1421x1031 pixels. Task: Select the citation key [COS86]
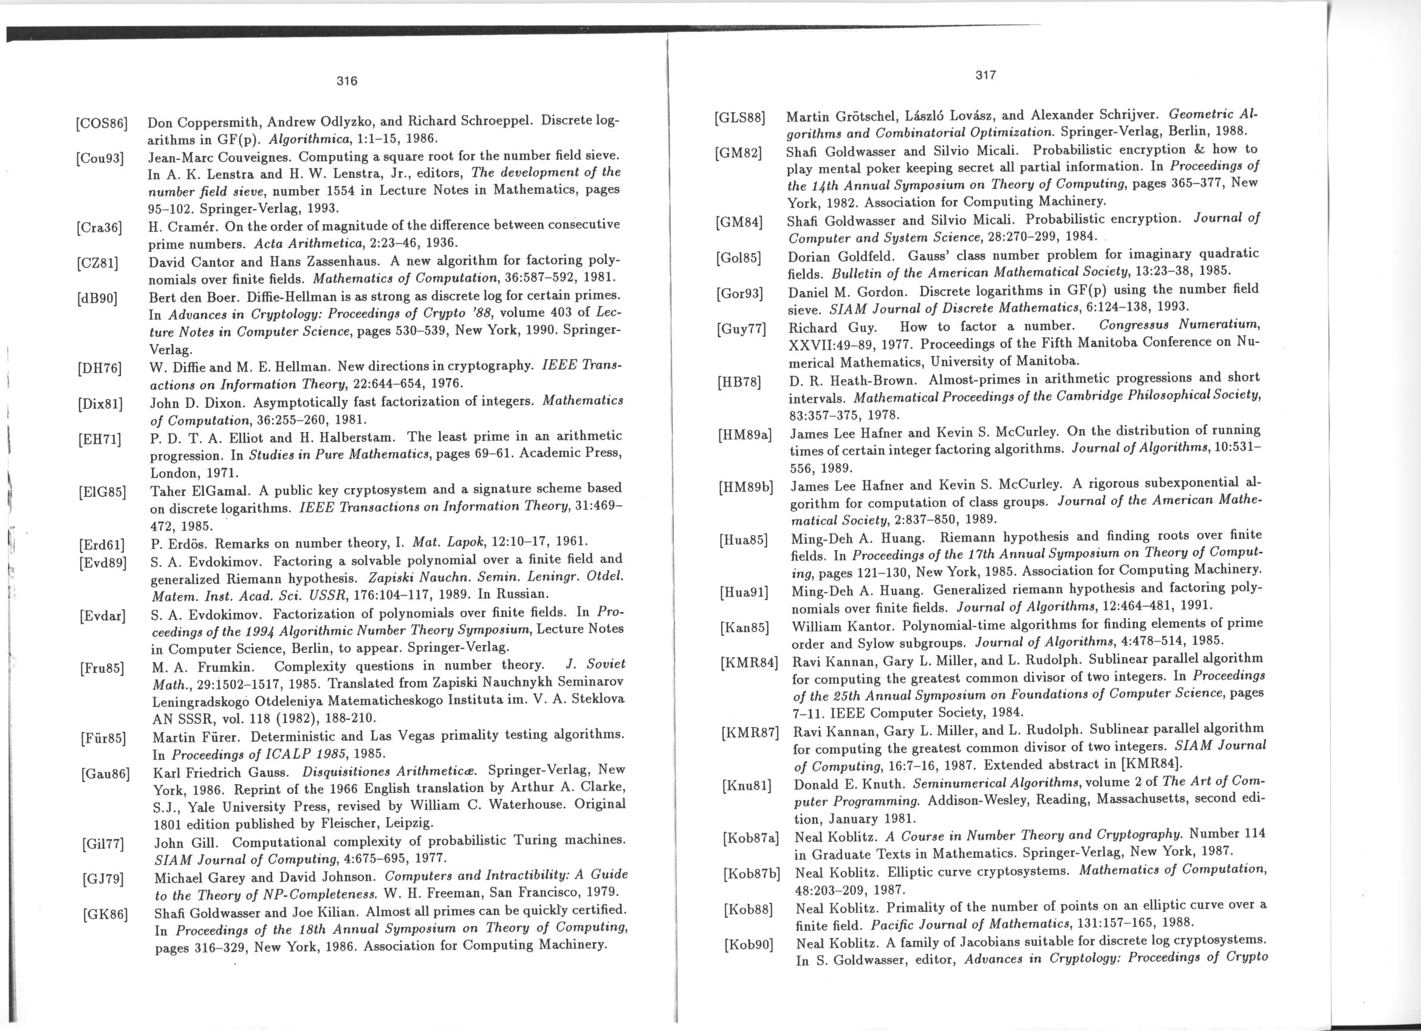(x=101, y=123)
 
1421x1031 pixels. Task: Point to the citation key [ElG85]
(x=103, y=491)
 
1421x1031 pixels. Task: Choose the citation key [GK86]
(x=105, y=915)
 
